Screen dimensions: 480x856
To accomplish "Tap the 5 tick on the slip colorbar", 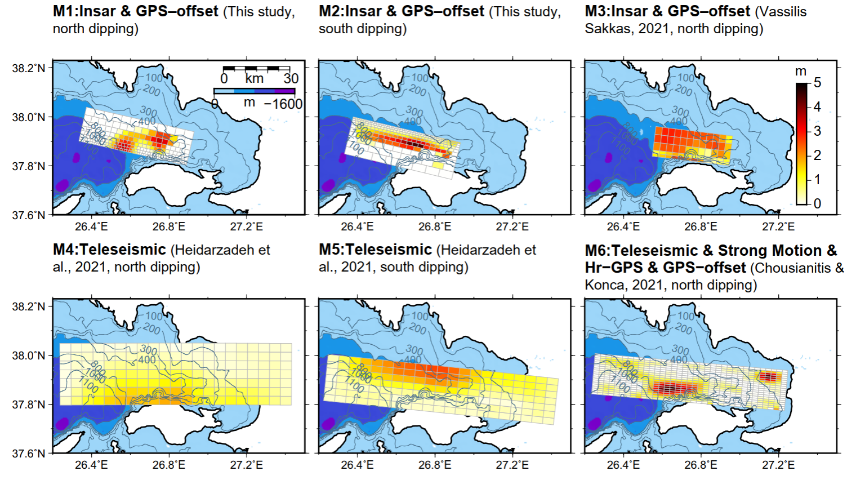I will click(x=817, y=83).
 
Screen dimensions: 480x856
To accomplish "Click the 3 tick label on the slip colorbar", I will click(x=817, y=131).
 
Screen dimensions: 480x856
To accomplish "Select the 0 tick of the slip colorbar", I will click(x=817, y=203).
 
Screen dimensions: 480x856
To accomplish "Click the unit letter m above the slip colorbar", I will click(x=801, y=72).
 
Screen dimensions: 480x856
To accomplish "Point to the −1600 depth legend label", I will click(x=283, y=104).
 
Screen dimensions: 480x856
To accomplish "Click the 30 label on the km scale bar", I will click(x=291, y=78).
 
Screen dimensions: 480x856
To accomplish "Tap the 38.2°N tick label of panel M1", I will click(x=29, y=68).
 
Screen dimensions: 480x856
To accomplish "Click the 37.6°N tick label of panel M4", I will click(x=29, y=453).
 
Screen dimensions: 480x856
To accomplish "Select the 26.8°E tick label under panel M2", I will click(x=435, y=226).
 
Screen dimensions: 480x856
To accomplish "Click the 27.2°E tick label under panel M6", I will click(x=778, y=465).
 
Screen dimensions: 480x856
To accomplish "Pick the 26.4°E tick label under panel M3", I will click(x=623, y=226).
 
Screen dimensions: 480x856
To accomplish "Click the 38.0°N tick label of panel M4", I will click(x=29, y=355).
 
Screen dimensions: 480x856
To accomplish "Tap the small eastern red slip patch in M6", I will click(x=769, y=376).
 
